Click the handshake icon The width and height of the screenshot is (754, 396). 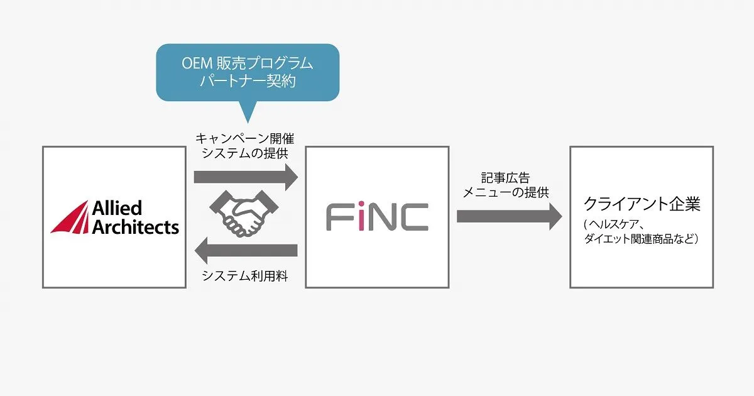(244, 214)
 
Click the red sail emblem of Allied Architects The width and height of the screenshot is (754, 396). (70, 217)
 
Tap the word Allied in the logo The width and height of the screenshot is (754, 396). (117, 208)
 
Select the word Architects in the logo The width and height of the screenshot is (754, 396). (135, 227)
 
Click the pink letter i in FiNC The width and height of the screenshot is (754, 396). (361, 216)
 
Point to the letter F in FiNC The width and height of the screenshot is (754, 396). (340, 217)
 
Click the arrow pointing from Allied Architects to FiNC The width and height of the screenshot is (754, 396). (246, 177)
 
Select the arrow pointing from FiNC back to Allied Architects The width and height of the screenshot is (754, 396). (246, 250)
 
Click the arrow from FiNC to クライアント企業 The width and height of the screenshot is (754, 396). (510, 216)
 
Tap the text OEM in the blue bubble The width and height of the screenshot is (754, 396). (197, 63)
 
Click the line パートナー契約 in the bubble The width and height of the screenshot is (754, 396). (248, 81)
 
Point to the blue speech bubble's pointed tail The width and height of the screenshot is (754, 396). (248, 122)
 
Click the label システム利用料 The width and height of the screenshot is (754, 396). (244, 276)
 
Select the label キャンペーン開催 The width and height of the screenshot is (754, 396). (244, 138)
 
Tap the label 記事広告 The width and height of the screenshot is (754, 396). (505, 177)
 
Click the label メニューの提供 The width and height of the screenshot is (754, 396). (506, 192)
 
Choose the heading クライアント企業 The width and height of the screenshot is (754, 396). (642, 204)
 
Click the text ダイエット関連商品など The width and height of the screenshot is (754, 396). (638, 239)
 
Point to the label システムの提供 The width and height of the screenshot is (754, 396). (244, 153)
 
